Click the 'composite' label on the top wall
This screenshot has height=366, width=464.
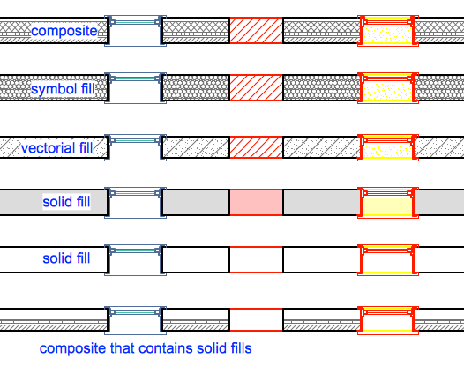click(x=64, y=31)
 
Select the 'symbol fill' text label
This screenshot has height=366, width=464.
click(x=63, y=89)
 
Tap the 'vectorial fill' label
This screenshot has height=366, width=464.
click(x=57, y=148)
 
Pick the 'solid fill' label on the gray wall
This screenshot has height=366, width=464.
click(x=66, y=202)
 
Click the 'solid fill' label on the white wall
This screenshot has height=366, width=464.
click(x=66, y=258)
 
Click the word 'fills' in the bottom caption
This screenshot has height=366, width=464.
click(x=240, y=348)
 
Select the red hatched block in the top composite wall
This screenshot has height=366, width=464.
click(x=257, y=30)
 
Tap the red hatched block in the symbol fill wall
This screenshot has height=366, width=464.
click(x=257, y=88)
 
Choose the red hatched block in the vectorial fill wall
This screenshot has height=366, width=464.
click(x=257, y=147)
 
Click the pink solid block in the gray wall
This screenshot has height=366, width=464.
click(x=257, y=202)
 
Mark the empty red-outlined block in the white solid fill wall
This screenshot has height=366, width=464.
click(x=257, y=259)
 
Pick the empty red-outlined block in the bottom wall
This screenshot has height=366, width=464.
click(x=257, y=319)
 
